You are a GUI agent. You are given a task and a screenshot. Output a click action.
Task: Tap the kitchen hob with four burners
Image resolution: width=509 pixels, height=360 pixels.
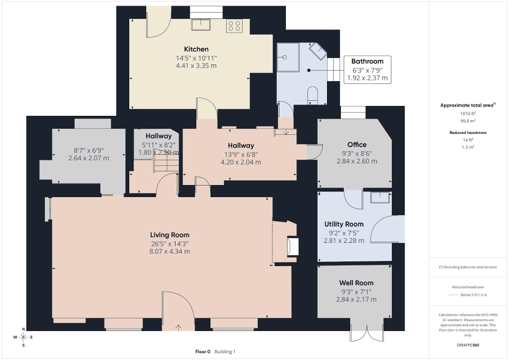tap(234, 26)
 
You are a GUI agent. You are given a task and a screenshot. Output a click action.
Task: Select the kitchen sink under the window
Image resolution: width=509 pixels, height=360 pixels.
tap(200, 24)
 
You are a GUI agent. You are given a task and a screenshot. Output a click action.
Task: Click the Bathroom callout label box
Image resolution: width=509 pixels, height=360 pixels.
tap(367, 70)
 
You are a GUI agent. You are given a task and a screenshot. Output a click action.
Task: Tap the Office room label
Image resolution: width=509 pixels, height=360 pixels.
tap(357, 144)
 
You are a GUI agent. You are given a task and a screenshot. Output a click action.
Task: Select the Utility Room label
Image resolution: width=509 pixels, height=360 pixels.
tap(343, 224)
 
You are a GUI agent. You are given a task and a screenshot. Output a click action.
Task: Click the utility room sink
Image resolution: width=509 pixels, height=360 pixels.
tap(380, 198)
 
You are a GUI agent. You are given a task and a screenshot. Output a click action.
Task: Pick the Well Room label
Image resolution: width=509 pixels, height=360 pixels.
tap(357, 283)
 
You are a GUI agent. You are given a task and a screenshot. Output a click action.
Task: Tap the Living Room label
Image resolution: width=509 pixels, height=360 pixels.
tap(169, 235)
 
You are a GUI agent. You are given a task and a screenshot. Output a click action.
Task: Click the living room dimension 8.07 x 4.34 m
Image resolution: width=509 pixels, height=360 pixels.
tap(169, 251)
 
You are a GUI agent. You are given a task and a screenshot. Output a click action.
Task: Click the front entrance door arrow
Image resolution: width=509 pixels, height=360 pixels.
tap(178, 327)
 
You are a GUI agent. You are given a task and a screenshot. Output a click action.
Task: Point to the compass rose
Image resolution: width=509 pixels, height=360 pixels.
tap(24, 337)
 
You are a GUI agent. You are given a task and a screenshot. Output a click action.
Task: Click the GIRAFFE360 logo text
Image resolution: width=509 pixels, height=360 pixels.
tap(468, 345)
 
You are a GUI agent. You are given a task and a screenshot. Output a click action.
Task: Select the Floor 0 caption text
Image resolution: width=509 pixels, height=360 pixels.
tap(203, 352)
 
